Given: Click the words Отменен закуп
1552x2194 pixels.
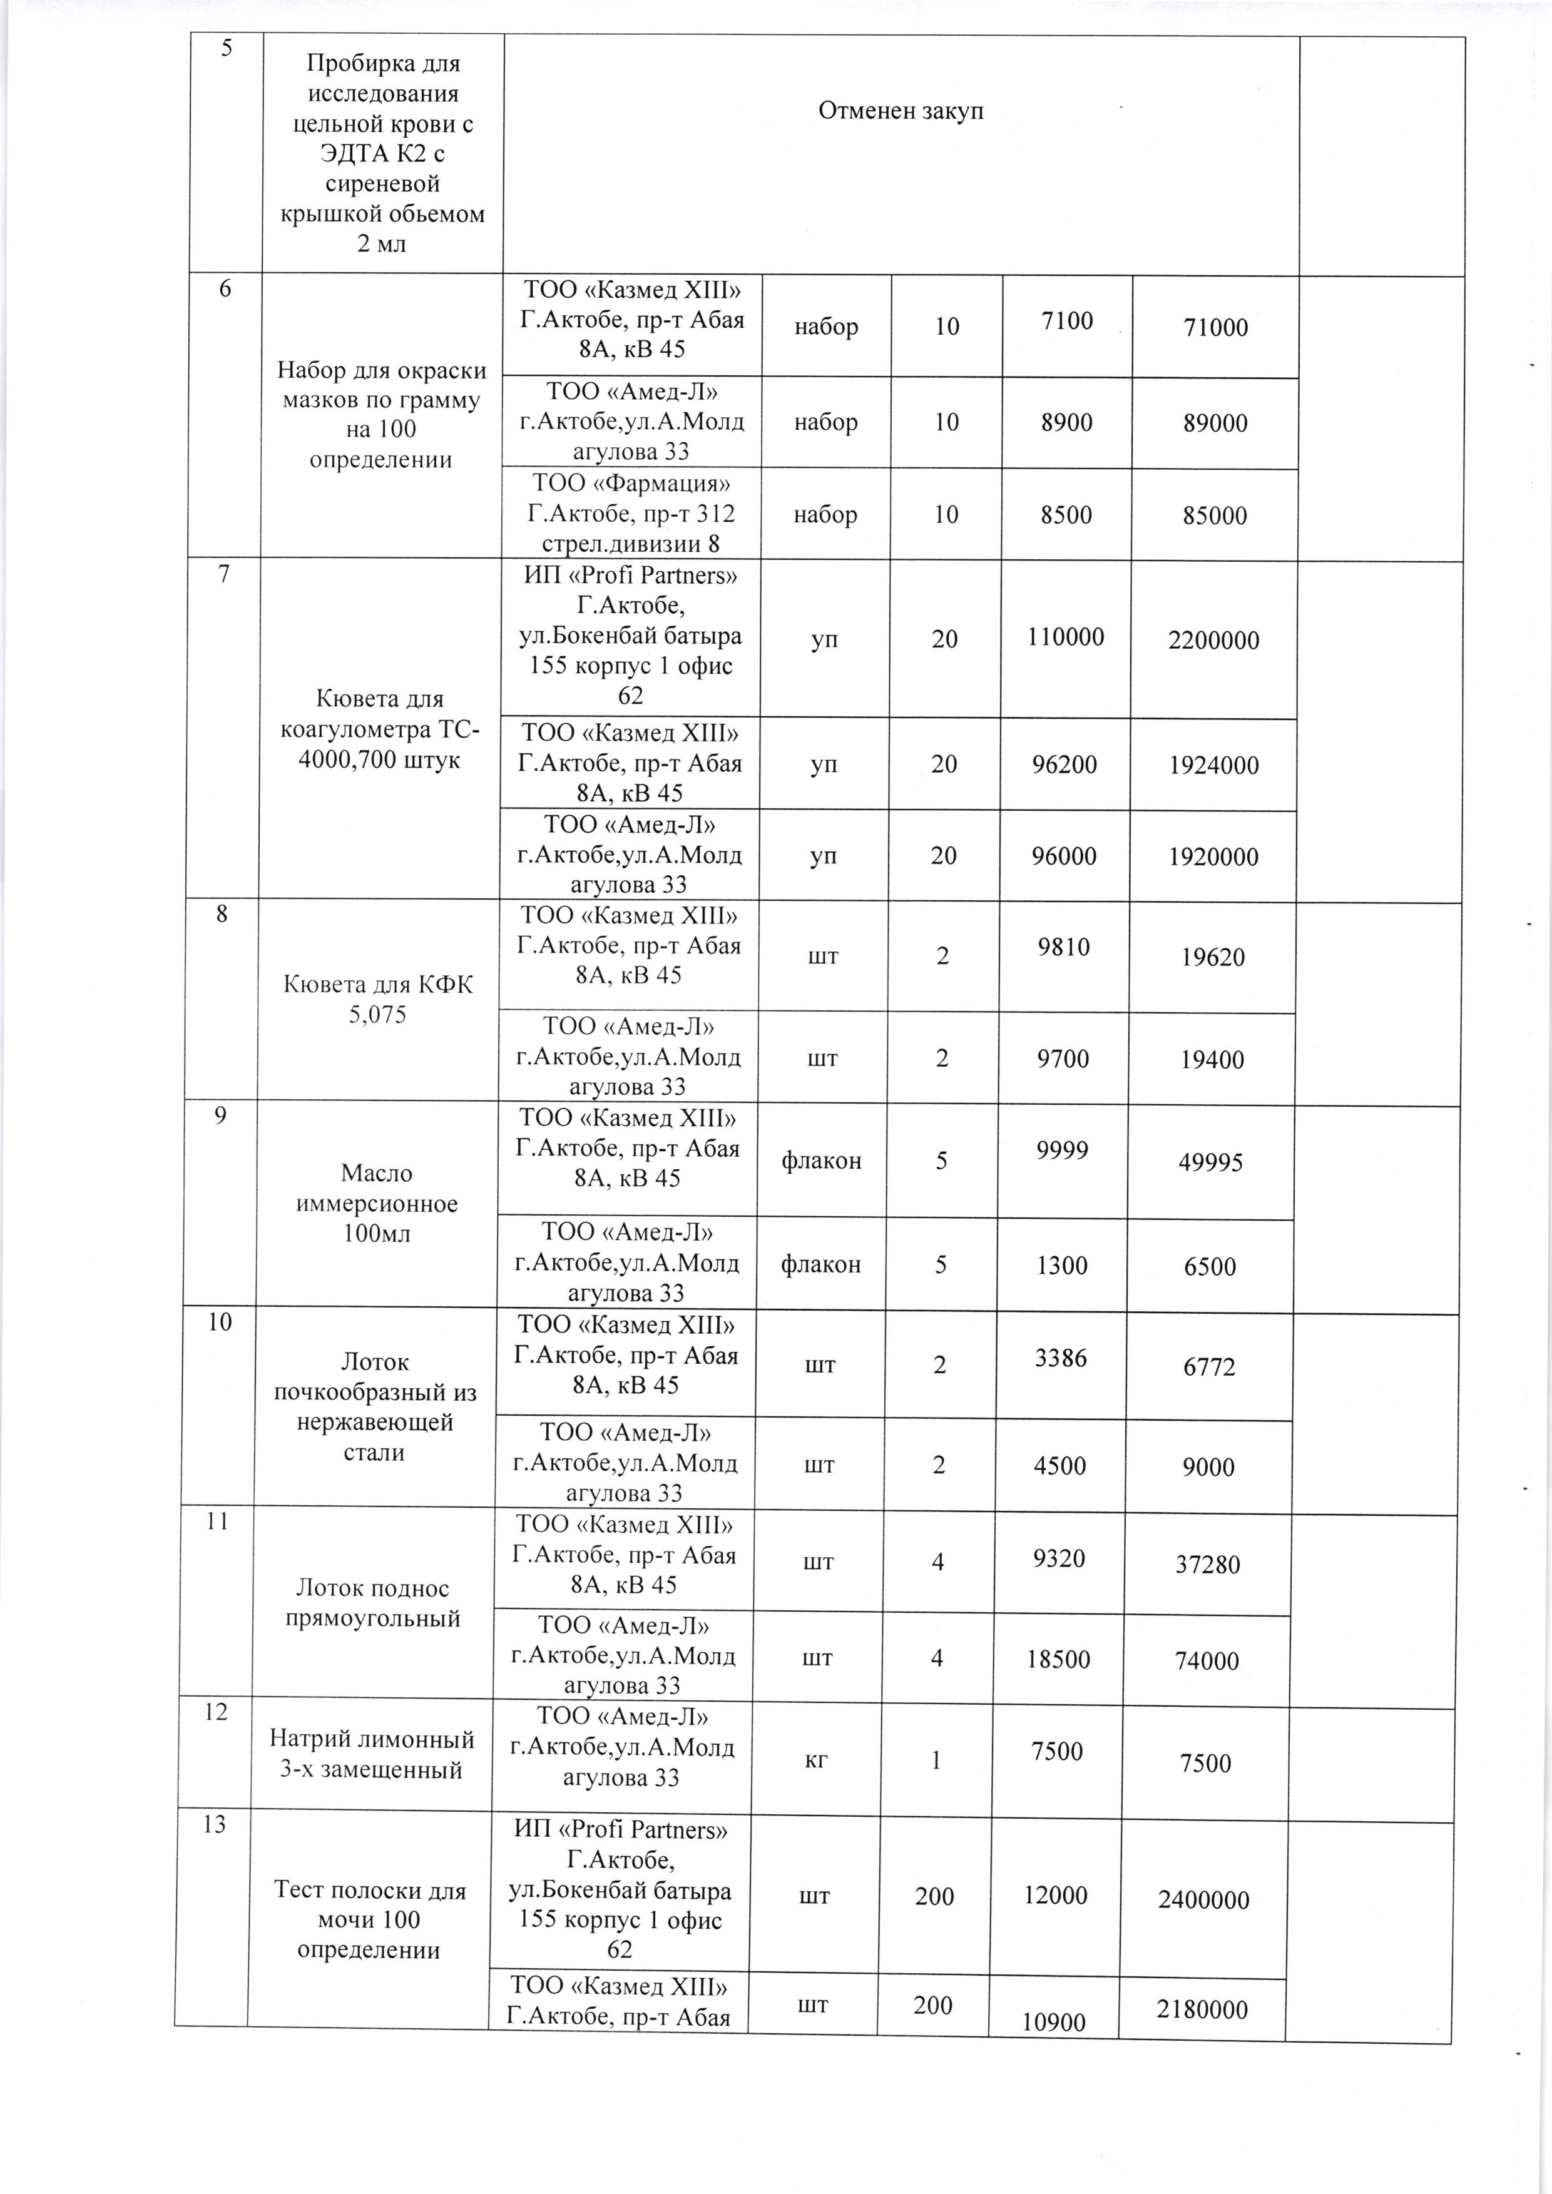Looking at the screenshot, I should pyautogui.click(x=901, y=111).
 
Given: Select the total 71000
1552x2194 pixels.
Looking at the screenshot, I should pyautogui.click(x=1215, y=328).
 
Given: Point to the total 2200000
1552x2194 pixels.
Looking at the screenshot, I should pyautogui.click(x=1213, y=640).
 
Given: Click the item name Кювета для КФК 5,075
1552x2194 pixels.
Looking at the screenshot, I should pyautogui.click(x=379, y=1000).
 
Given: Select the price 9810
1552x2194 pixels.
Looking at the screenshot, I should pyautogui.click(x=1064, y=947).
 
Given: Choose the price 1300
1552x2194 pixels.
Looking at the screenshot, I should pyautogui.click(x=1063, y=1265).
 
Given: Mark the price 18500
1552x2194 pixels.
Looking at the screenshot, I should pyautogui.click(x=1059, y=1659).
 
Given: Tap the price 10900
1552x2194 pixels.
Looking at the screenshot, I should pyautogui.click(x=1054, y=2022).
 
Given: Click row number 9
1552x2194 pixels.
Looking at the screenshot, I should pyautogui.click(x=221, y=1115).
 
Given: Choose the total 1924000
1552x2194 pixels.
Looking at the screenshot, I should pyautogui.click(x=1213, y=765).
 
